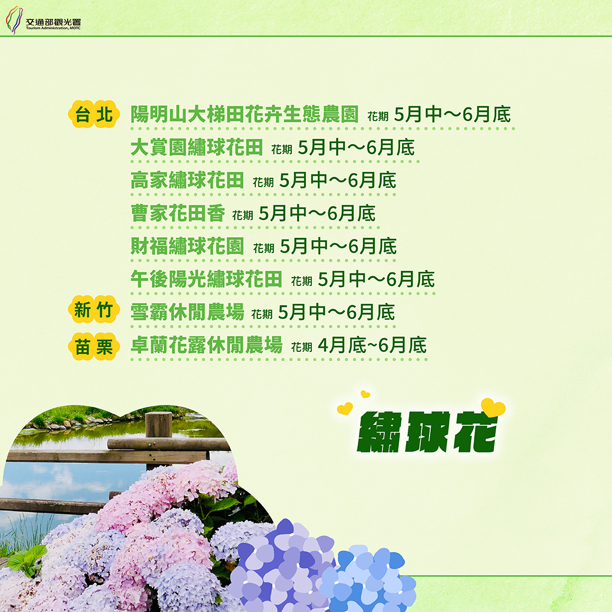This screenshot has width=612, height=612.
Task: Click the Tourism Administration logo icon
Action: tap(14, 20)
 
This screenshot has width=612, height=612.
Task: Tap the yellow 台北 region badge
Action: tap(94, 114)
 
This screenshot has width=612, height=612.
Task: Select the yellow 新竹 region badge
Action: tap(94, 310)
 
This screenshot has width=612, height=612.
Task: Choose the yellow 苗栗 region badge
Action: tap(94, 346)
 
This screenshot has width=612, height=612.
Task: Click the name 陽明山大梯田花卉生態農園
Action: tap(244, 114)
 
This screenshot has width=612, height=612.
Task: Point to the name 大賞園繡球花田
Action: tap(197, 147)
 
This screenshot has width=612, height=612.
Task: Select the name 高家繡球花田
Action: tap(187, 180)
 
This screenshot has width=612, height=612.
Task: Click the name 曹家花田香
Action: tap(178, 213)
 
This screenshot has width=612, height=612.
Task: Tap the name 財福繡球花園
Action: tap(187, 246)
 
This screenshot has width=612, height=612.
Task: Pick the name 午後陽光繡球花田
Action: tap(206, 279)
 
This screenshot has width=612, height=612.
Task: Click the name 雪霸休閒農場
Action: tap(187, 312)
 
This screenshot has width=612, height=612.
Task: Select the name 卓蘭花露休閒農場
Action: tap(206, 345)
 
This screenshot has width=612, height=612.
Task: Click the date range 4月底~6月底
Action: tap(372, 345)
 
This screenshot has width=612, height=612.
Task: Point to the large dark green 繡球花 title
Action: tap(427, 432)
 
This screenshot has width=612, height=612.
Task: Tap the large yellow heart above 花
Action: tap(493, 407)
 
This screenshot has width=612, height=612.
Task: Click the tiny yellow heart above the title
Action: tap(365, 394)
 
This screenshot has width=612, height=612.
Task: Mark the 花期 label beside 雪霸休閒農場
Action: tap(262, 314)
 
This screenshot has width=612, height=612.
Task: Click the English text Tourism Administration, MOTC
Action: tap(53, 28)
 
